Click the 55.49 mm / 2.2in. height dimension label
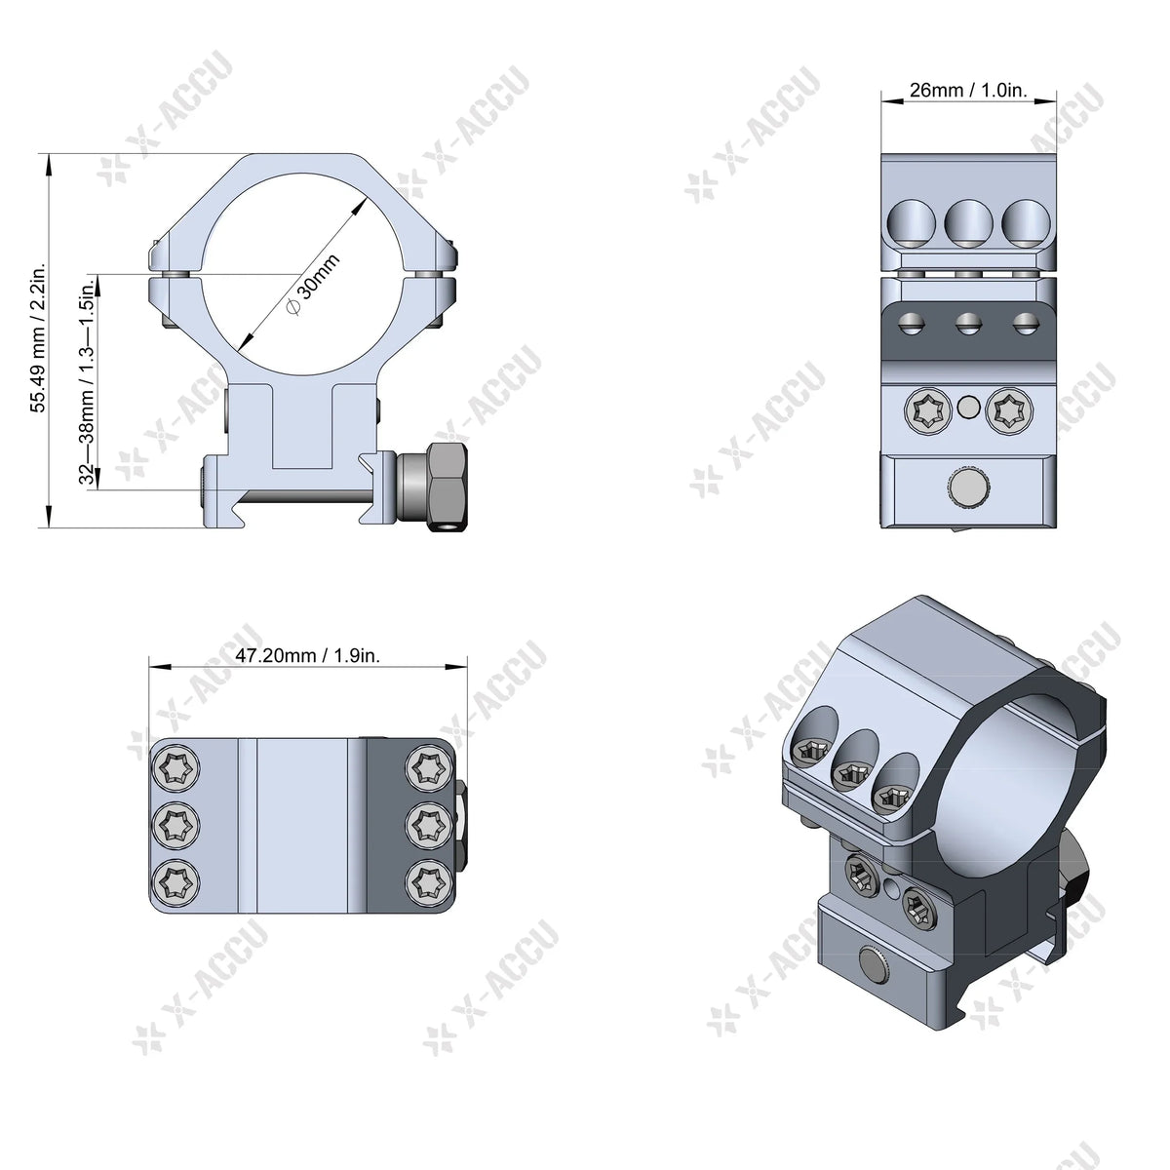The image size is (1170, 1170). (x=38, y=337)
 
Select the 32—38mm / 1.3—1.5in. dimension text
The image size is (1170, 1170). (x=87, y=380)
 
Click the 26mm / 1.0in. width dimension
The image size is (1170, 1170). (x=968, y=90)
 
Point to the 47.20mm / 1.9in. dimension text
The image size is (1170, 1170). (x=307, y=655)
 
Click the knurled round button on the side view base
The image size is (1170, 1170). (x=968, y=487)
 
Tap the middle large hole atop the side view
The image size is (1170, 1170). (x=968, y=222)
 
